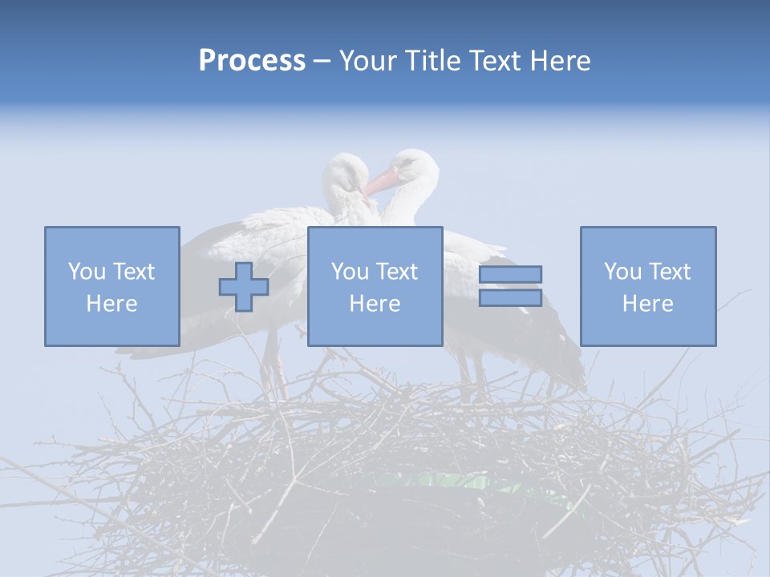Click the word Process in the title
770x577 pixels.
(x=252, y=61)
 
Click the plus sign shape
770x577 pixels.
(x=244, y=287)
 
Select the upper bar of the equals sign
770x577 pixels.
(x=510, y=274)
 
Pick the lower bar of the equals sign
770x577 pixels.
(x=510, y=297)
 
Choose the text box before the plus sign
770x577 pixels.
(x=112, y=286)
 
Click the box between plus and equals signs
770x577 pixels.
(x=375, y=286)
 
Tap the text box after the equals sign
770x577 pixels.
(x=648, y=286)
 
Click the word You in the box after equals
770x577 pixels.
(x=622, y=272)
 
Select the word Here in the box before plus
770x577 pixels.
(x=112, y=304)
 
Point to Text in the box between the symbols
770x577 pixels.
(x=396, y=272)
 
